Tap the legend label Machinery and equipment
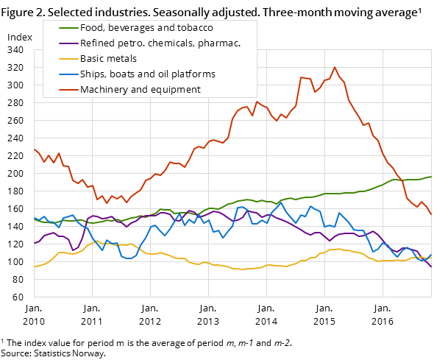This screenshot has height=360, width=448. tap(140, 90)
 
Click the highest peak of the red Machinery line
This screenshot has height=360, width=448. tap(335, 67)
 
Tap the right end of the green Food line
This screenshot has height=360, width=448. tap(432, 177)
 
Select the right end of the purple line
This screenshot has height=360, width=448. tap(432, 267)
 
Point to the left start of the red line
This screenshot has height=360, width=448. tap(35, 149)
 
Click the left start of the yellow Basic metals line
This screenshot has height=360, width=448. tap(35, 267)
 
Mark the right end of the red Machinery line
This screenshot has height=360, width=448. tap(432, 215)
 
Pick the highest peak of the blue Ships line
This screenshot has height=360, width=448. tap(281, 202)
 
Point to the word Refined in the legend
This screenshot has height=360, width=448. tap(97, 43)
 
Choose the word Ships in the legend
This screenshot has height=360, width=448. tap(93, 74)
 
